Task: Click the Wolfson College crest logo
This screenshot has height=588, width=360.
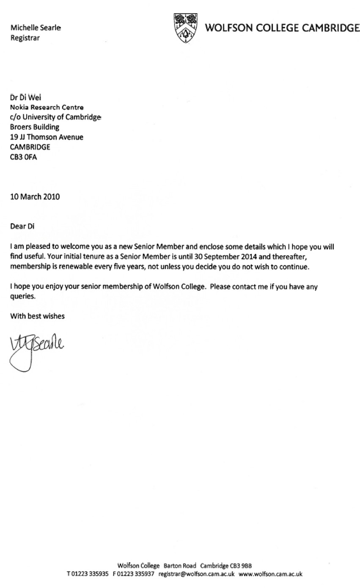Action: [186, 28]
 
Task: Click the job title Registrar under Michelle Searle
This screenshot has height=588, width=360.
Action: [25, 38]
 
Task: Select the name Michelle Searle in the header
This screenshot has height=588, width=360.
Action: [36, 28]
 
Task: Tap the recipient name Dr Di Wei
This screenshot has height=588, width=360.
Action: [26, 97]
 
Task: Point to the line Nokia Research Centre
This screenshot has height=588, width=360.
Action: [47, 107]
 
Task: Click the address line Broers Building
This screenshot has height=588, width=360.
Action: [35, 127]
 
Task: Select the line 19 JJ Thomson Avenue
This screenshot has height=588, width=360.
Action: [47, 137]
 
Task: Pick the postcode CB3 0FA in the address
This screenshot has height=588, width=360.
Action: [23, 157]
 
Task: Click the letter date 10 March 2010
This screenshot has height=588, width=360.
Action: [35, 196]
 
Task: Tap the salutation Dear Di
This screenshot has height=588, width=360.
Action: [22, 226]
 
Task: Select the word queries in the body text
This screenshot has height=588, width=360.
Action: [23, 296]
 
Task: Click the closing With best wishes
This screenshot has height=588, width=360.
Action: [38, 316]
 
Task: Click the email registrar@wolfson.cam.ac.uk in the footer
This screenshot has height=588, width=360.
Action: [196, 574]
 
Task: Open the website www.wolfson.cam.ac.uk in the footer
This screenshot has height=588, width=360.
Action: [270, 574]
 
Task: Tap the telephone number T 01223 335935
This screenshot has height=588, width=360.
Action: [88, 574]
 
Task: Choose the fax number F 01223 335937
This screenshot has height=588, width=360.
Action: [134, 574]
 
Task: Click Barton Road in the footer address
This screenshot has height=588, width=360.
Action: [180, 566]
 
